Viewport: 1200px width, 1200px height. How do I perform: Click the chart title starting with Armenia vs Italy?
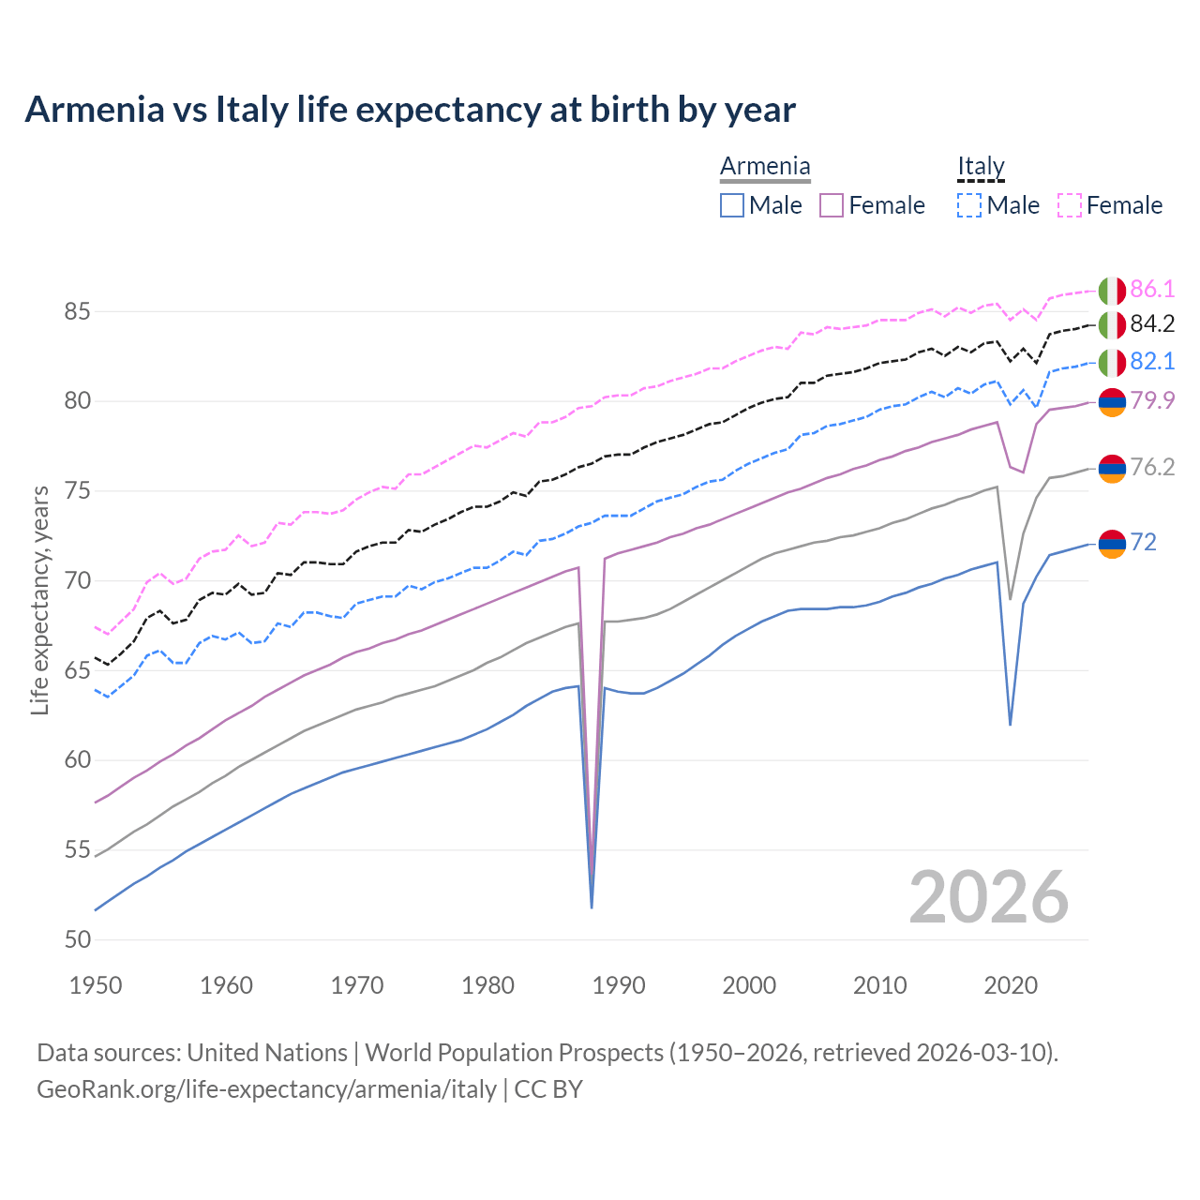(410, 110)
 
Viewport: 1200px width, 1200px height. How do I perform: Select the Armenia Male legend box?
(732, 205)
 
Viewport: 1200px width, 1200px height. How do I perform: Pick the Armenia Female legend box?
(832, 205)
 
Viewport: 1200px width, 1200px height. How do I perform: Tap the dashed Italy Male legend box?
(969, 205)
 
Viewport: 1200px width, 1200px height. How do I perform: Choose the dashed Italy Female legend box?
(1070, 205)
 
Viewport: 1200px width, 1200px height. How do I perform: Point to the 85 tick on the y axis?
(77, 311)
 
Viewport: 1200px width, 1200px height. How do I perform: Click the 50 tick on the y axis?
(77, 939)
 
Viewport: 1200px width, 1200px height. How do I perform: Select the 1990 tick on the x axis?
(619, 985)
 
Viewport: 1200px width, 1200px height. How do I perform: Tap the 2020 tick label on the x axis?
(1011, 985)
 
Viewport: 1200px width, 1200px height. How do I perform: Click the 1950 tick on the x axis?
(96, 985)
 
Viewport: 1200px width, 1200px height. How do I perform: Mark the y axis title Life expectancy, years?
(39, 600)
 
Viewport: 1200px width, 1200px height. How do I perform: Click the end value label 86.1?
(1152, 289)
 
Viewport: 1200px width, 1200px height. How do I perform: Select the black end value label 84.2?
(1152, 324)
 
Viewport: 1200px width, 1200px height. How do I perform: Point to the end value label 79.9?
(1152, 401)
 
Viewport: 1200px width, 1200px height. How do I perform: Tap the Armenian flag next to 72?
(1112, 543)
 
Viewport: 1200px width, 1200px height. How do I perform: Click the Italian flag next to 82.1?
(1112, 362)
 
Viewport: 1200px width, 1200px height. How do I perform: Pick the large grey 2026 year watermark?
(989, 898)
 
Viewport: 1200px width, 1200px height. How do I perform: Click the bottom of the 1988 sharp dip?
(592, 907)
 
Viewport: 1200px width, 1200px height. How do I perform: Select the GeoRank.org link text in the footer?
(266, 1089)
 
